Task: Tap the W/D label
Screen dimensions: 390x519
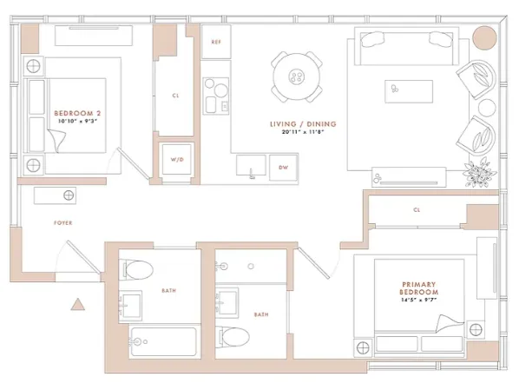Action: click(x=178, y=160)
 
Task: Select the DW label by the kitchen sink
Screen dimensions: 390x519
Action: click(x=283, y=166)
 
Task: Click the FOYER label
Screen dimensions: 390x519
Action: click(x=62, y=223)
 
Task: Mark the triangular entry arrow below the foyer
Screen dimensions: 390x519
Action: click(x=77, y=305)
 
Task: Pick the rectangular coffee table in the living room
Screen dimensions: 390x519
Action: click(x=409, y=90)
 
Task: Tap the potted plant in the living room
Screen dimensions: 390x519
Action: click(x=480, y=173)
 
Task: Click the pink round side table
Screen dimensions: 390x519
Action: click(x=484, y=40)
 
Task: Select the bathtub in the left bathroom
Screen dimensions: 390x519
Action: click(x=163, y=344)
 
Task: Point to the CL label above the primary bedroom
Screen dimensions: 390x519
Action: click(x=417, y=209)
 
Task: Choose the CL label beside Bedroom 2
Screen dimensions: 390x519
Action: click(x=176, y=96)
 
